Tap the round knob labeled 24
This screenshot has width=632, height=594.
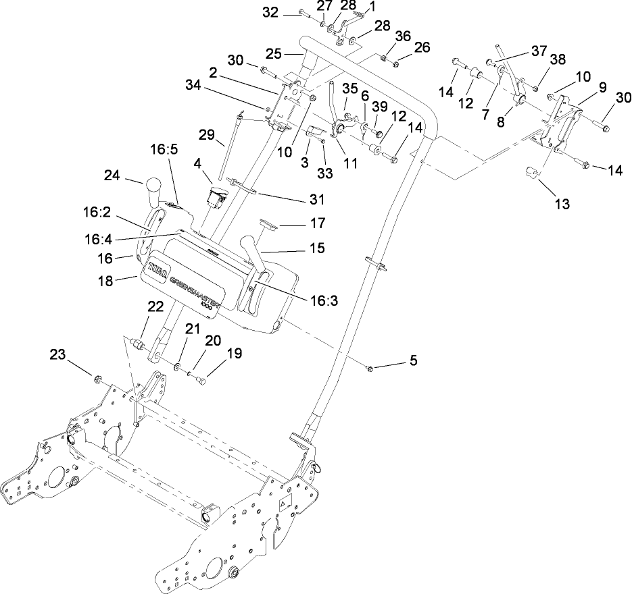[151, 186]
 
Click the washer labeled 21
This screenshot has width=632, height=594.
[176, 367]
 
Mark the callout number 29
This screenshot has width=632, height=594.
[212, 136]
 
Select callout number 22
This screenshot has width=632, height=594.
[156, 306]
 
